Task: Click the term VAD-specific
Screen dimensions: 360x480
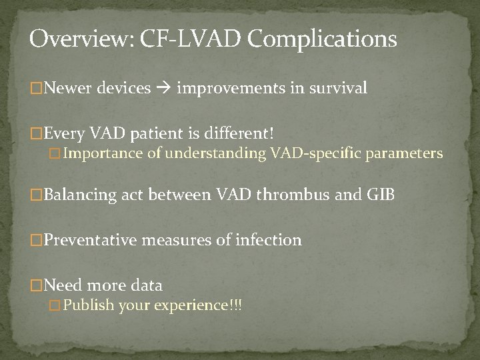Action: [x=315, y=154]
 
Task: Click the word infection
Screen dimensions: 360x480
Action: [x=269, y=240]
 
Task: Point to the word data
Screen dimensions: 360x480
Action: [x=147, y=285]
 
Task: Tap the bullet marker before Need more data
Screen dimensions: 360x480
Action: [x=36, y=286]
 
